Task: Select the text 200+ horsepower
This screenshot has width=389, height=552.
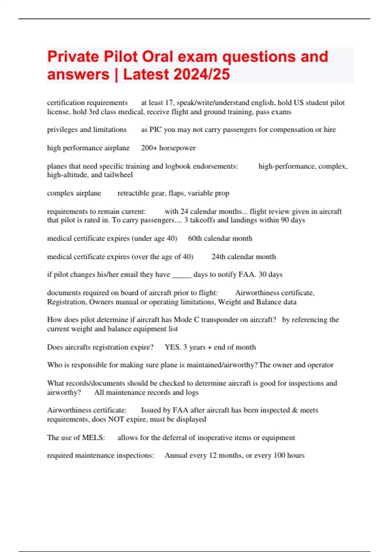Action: tap(168, 148)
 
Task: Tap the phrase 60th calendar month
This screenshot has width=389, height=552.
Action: tap(220, 238)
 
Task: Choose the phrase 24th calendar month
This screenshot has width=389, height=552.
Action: tap(243, 257)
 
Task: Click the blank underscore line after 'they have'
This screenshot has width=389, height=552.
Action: tap(182, 275)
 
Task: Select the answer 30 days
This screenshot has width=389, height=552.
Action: tap(270, 274)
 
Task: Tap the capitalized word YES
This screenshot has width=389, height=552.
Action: tap(172, 347)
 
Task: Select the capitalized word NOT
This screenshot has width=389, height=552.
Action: tap(116, 419)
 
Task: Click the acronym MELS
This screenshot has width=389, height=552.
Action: tap(93, 437)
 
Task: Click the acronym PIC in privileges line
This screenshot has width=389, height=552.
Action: tap(155, 130)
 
